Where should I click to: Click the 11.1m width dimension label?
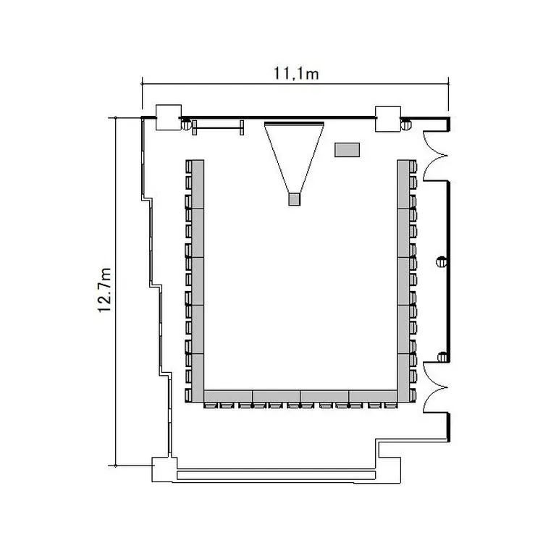(x=296, y=74)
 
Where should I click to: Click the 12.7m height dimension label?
(x=104, y=290)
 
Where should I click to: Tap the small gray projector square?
(x=295, y=199)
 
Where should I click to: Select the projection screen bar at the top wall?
(x=294, y=123)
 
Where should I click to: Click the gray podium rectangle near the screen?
(x=347, y=150)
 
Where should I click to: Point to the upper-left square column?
(x=169, y=117)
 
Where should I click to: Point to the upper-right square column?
(x=388, y=119)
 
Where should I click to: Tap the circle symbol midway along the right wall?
(x=441, y=262)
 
